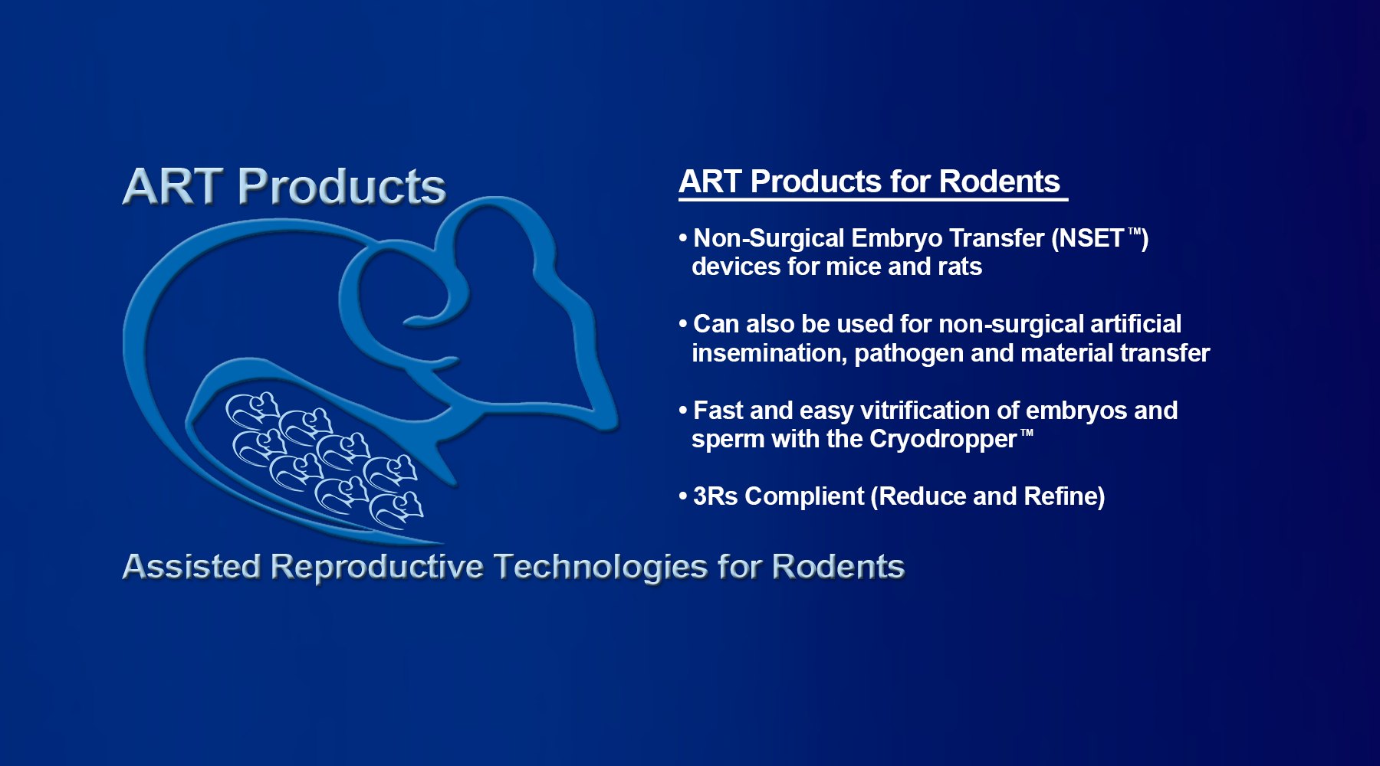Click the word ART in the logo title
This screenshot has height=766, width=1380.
172,186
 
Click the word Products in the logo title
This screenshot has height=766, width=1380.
342,186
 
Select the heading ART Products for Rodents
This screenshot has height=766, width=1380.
869,182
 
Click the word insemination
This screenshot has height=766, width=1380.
769,353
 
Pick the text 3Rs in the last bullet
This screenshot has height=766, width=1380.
715,496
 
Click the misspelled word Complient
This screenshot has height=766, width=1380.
804,497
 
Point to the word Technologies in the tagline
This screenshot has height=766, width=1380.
601,568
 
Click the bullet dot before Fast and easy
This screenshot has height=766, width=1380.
682,411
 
